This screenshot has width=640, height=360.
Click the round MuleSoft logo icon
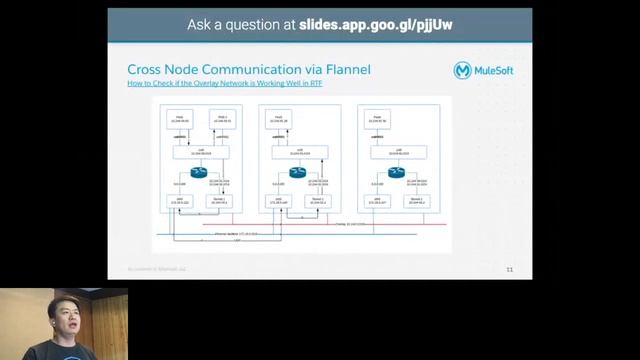[x=464, y=71]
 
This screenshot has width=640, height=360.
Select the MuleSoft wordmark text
[x=498, y=71]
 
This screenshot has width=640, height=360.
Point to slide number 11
[x=509, y=269]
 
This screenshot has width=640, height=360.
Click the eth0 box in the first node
[x=179, y=201]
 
